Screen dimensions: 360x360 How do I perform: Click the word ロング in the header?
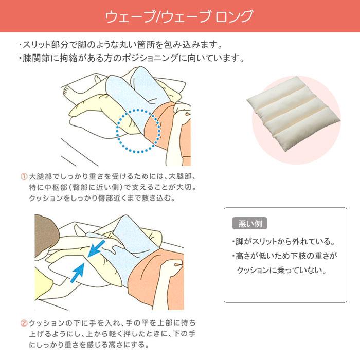coord(234,16)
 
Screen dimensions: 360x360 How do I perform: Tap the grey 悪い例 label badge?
coord(249,223)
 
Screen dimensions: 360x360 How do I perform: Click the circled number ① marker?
coord(24,176)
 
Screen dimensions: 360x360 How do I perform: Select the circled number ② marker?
coord(24,323)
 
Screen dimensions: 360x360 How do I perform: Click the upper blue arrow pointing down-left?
coord(97,248)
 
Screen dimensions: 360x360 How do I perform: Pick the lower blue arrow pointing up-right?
coord(77,273)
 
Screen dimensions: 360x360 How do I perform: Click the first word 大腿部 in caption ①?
coord(41,176)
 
